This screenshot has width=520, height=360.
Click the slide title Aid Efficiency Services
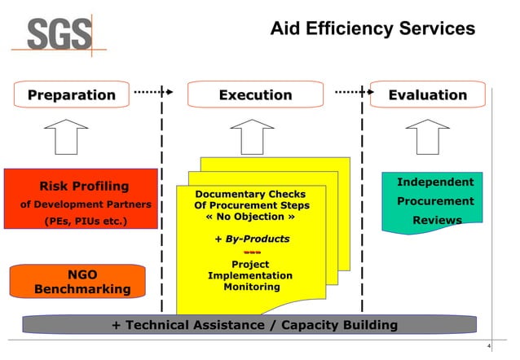click(x=372, y=29)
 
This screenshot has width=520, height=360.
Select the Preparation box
click(x=72, y=95)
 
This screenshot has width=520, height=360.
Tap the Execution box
click(x=255, y=95)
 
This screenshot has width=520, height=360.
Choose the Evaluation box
click(x=427, y=95)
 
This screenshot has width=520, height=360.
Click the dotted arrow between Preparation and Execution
click(x=153, y=92)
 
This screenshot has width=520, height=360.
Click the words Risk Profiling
click(x=78, y=187)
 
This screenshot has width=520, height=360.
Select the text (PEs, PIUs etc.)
click(x=78, y=221)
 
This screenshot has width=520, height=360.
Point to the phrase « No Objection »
click(x=249, y=218)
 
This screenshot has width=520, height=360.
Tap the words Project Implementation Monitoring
click(x=250, y=276)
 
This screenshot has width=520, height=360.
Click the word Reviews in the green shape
click(x=437, y=221)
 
